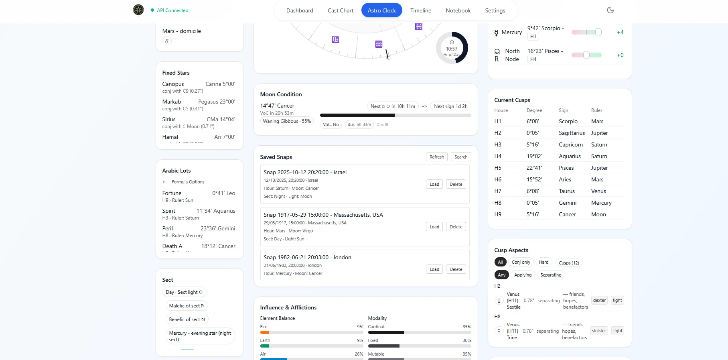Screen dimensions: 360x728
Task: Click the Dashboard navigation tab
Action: click(x=300, y=10)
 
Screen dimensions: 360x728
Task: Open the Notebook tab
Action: click(x=458, y=10)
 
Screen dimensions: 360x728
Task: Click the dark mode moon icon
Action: click(x=610, y=10)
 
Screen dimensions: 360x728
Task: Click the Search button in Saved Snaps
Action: click(x=460, y=157)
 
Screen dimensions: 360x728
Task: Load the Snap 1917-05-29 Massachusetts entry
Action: click(x=434, y=227)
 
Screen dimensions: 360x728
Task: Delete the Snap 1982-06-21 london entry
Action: click(x=456, y=269)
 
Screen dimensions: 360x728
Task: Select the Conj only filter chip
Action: click(x=521, y=262)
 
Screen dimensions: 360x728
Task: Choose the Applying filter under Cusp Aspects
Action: click(x=523, y=275)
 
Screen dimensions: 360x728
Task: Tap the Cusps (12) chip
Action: click(x=568, y=263)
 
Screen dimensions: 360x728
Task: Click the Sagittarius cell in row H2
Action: click(x=572, y=133)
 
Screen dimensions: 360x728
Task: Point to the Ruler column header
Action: click(x=596, y=110)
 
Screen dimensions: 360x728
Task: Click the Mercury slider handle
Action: click(x=598, y=32)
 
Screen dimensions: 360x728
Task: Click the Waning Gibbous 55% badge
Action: click(x=287, y=121)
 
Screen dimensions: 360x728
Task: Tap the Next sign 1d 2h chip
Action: click(x=450, y=106)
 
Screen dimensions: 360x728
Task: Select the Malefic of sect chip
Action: click(x=186, y=306)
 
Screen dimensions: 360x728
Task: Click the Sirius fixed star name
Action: click(x=169, y=119)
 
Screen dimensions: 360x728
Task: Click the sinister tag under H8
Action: click(x=599, y=331)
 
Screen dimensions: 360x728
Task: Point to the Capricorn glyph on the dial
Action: click(x=335, y=39)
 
